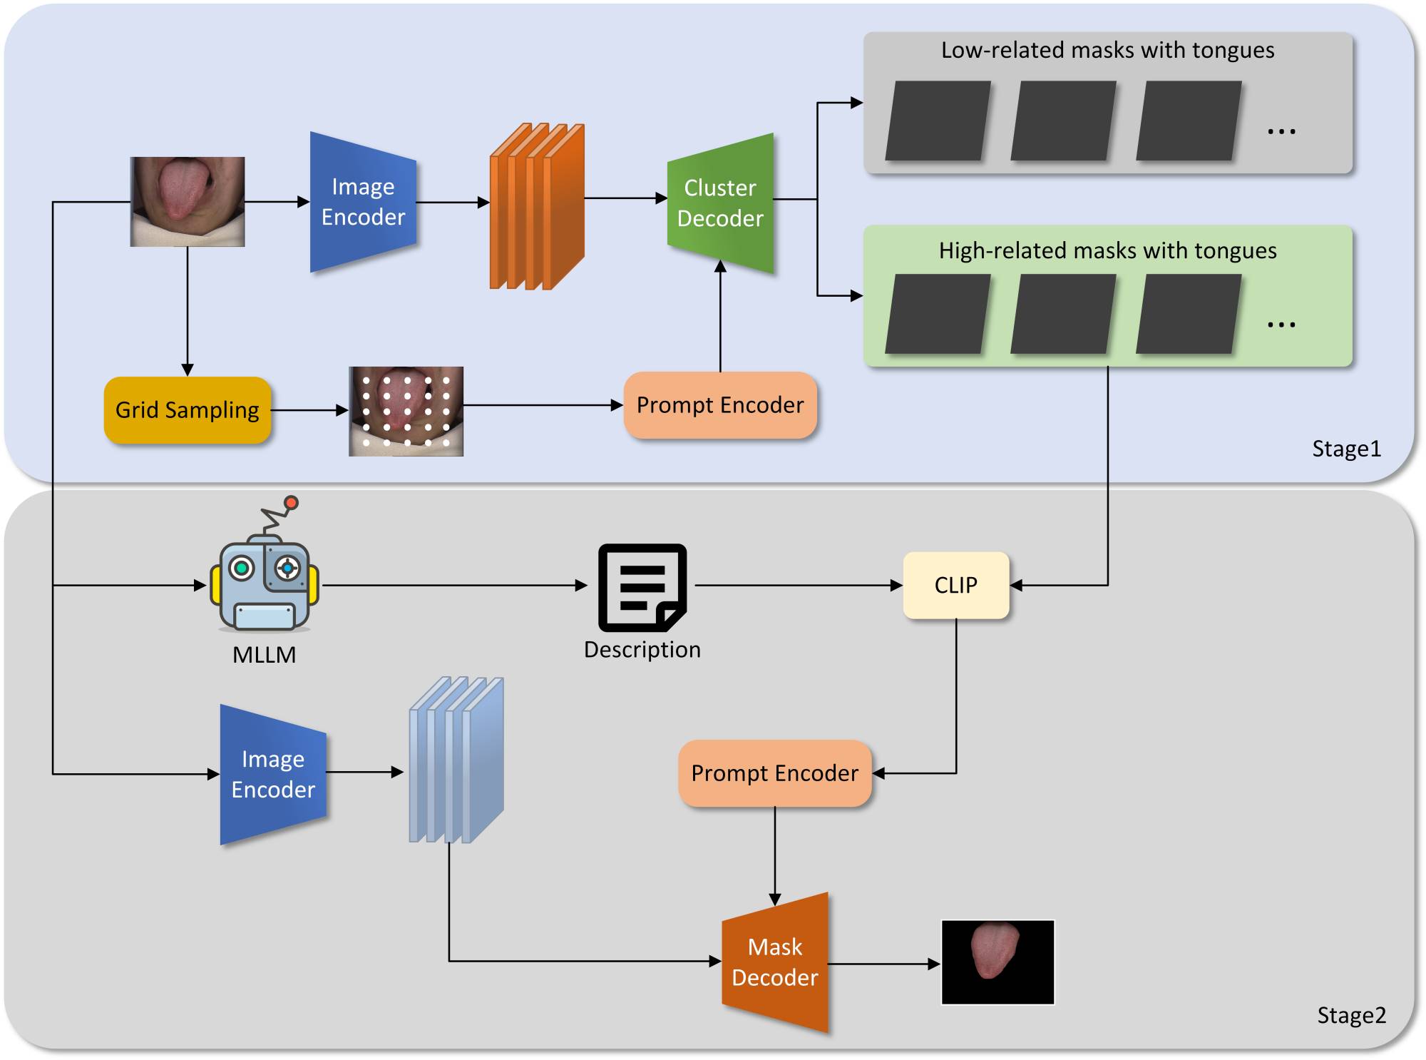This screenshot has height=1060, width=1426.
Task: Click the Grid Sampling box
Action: [188, 410]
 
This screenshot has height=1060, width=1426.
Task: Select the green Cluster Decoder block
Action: [720, 203]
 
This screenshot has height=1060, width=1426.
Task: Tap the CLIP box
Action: [955, 585]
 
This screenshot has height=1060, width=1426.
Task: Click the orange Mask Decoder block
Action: [775, 962]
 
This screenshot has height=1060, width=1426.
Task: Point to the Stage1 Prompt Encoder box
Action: [720, 405]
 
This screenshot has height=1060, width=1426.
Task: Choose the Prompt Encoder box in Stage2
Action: [775, 773]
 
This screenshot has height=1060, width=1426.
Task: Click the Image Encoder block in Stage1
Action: [363, 202]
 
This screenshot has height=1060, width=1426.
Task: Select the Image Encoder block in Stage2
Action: [273, 775]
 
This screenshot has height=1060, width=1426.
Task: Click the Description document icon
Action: [642, 587]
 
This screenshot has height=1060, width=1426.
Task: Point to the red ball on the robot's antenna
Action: [291, 503]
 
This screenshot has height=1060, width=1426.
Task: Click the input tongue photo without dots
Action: [188, 202]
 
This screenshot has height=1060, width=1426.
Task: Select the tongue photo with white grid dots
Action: [406, 411]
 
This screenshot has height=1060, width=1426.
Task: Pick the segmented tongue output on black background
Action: [997, 962]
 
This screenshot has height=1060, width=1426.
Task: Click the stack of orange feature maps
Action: [537, 207]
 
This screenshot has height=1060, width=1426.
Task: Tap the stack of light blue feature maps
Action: [456, 760]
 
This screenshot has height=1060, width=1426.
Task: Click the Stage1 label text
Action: [1346, 449]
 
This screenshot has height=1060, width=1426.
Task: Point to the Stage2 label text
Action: [1351, 1015]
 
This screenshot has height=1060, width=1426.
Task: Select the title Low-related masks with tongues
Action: [1107, 50]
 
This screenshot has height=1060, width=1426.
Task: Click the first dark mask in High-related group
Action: [938, 314]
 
